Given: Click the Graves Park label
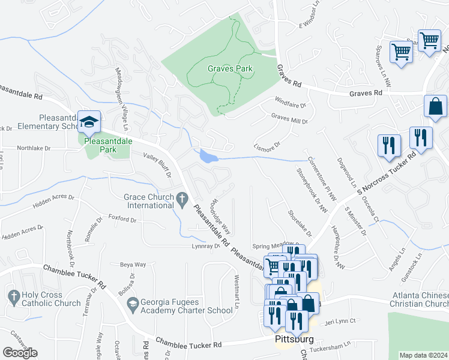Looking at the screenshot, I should click(x=230, y=68).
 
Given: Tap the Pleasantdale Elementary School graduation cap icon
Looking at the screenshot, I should click(x=89, y=122).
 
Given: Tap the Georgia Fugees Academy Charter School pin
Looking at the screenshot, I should click(x=132, y=305).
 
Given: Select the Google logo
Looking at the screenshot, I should click(x=20, y=353).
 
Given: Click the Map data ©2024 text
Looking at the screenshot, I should click(x=423, y=355).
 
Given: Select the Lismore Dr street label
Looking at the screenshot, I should click(x=268, y=146).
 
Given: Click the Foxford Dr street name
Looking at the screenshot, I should click(x=122, y=220).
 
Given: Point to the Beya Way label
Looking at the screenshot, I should click(x=133, y=264).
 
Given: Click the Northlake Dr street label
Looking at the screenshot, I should click(x=34, y=147).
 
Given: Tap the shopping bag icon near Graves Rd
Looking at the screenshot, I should click(x=435, y=106).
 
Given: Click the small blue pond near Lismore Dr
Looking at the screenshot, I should click(x=208, y=157).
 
